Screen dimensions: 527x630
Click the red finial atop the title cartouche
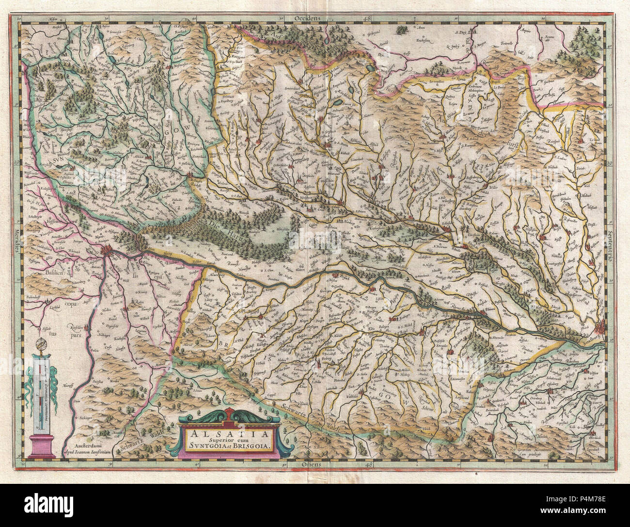tap(230, 414)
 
